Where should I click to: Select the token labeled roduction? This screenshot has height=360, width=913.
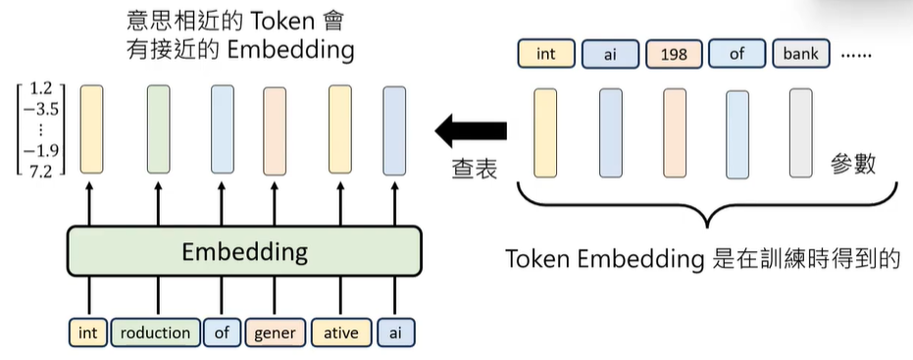[x=154, y=333]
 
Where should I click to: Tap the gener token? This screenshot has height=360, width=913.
[x=275, y=333]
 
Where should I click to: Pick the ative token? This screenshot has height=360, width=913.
[x=340, y=333]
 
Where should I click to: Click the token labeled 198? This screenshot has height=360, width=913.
[x=674, y=54]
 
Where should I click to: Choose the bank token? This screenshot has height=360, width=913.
[x=800, y=54]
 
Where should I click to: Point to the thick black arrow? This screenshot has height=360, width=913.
[x=472, y=129]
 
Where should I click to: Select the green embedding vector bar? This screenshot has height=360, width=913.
[x=159, y=129]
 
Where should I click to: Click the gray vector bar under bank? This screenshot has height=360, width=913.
[x=800, y=131]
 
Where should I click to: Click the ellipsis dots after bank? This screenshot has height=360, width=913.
[x=857, y=55]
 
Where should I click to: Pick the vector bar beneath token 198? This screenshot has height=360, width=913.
[x=674, y=131]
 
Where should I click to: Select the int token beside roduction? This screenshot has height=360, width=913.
[x=88, y=333]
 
